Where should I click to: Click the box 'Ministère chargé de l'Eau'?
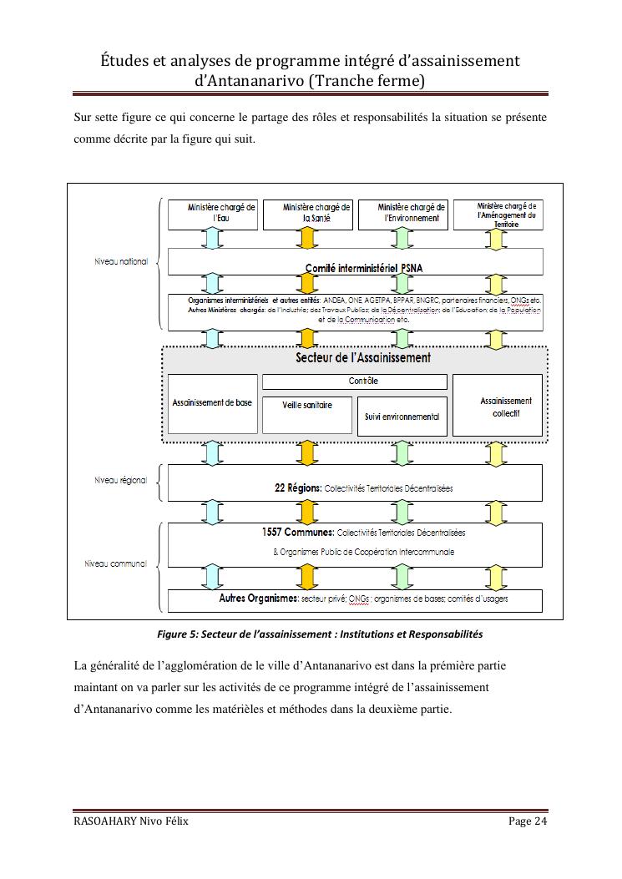212,214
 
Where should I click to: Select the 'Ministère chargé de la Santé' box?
307,214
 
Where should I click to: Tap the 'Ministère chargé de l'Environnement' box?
402,214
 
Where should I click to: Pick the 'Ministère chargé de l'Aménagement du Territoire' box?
497,214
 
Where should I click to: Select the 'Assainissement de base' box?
212,403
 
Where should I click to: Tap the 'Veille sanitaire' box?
306,406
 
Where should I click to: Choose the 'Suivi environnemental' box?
402,417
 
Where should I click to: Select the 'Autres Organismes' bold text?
258,599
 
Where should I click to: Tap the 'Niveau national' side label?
121,261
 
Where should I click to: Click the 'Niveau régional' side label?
120,480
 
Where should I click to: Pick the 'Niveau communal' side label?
116,563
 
